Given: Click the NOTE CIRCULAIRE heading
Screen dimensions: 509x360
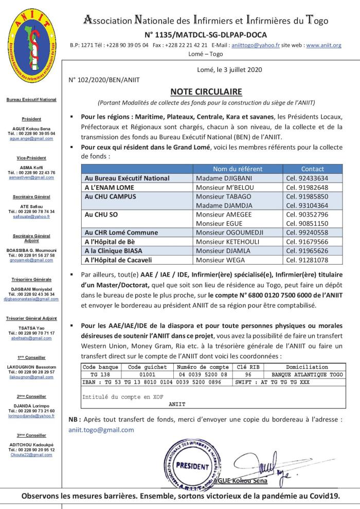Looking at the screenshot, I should [x=205, y=92].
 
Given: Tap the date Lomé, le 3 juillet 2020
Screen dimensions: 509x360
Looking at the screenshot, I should [x=229, y=70].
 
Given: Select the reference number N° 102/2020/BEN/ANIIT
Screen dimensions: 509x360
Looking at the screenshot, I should [x=103, y=80].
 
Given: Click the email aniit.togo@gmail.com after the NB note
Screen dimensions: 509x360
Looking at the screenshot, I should [x=101, y=430].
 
